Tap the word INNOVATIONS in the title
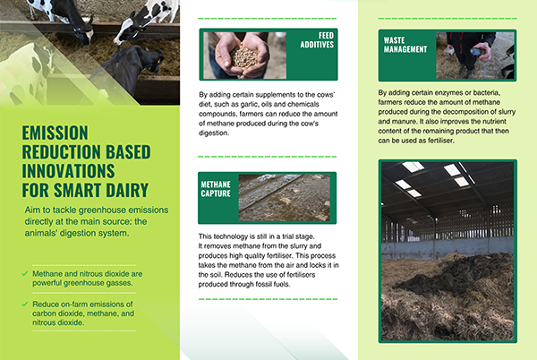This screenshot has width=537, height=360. pos(72,170)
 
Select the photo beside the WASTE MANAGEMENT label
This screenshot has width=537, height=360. pos(475,56)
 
